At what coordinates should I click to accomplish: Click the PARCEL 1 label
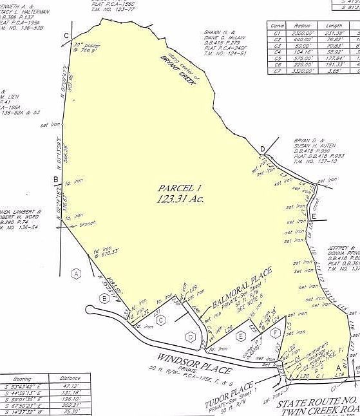tap(180, 187)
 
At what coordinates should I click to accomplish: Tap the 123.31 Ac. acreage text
tap(180, 200)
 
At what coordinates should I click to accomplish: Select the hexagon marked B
tap(104, 298)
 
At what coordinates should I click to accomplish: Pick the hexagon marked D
tap(191, 336)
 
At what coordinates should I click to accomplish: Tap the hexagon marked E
tap(241, 336)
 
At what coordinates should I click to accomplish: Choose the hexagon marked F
tap(276, 332)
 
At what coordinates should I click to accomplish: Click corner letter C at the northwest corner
tap(66, 36)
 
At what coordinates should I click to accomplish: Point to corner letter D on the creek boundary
tap(263, 149)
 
